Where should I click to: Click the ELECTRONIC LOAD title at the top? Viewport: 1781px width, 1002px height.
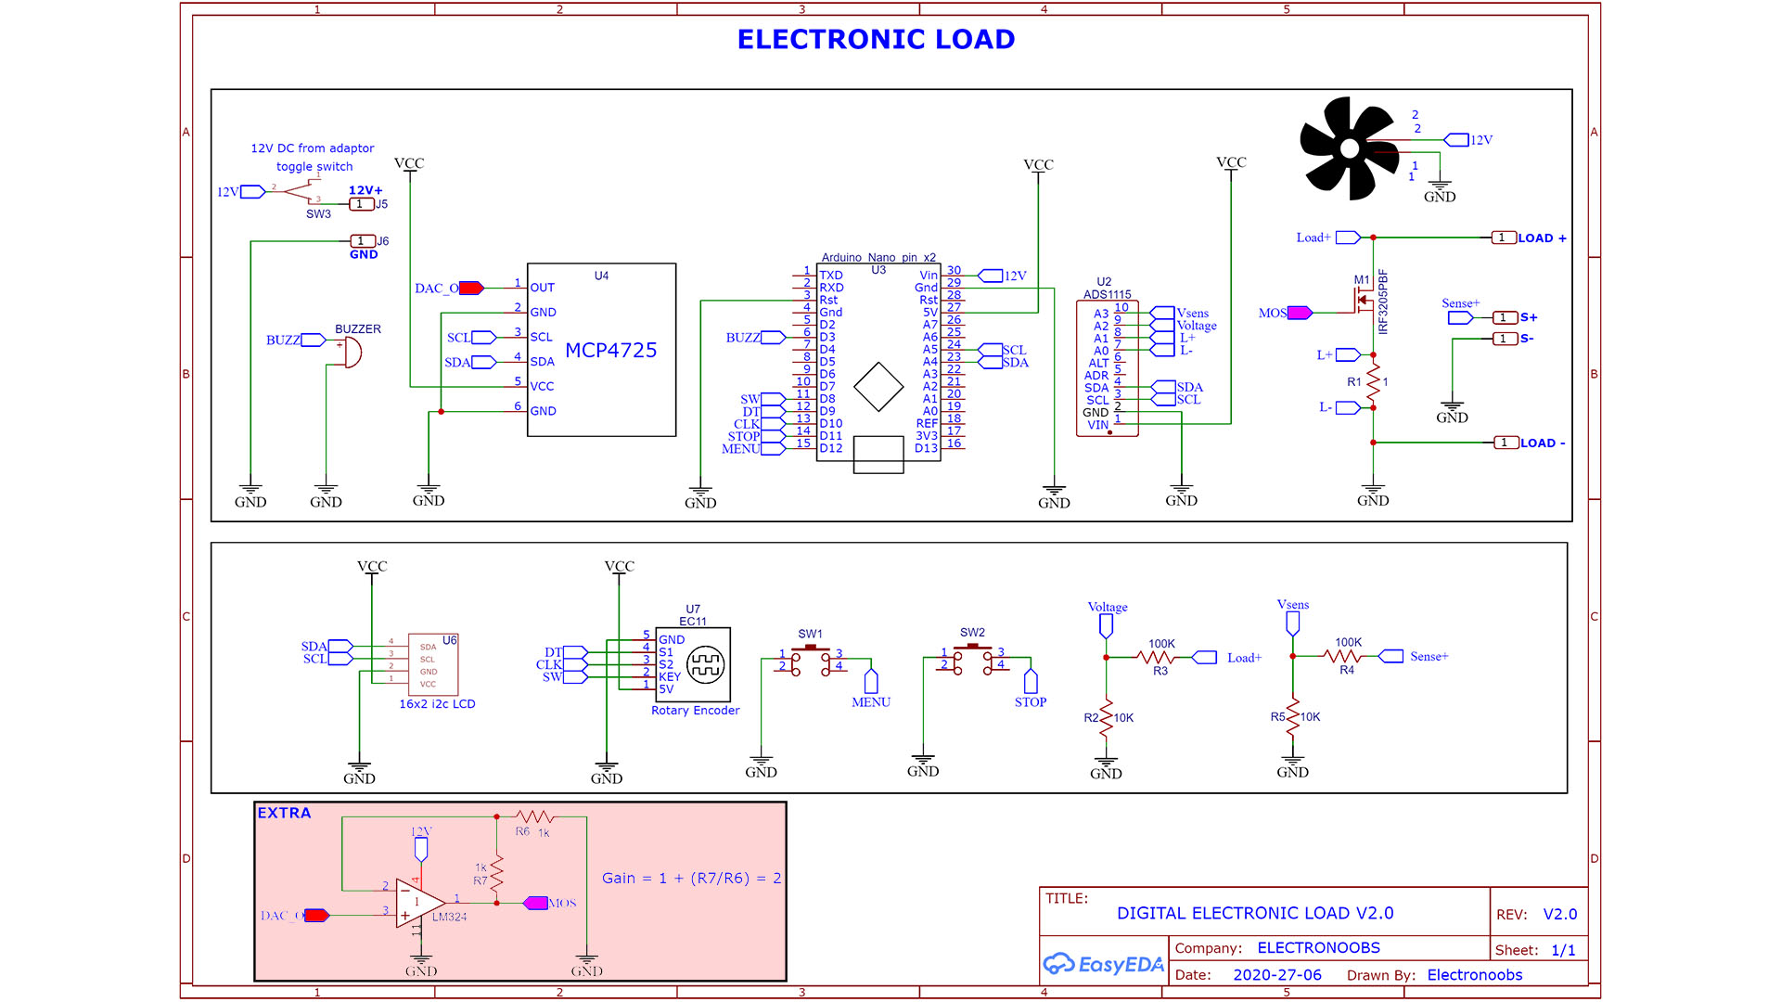[x=876, y=39]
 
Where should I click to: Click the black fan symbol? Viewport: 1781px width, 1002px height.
[x=1349, y=148]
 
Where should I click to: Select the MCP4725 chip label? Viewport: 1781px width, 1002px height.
[x=610, y=351]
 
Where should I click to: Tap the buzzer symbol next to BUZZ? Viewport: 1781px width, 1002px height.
[x=352, y=353]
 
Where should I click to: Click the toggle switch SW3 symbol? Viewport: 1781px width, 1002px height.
[x=299, y=192]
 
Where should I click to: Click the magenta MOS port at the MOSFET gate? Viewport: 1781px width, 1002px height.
[x=1300, y=313]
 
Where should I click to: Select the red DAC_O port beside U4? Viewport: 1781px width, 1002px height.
[x=471, y=289]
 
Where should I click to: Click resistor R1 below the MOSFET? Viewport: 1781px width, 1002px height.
[x=1374, y=380]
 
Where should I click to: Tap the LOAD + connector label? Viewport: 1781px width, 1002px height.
[x=1541, y=238]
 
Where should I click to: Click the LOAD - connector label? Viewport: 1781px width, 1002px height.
[x=1542, y=443]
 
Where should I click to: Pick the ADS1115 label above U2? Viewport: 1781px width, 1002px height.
[x=1107, y=294]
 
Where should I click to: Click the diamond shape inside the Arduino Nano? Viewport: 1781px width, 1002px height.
[x=878, y=387]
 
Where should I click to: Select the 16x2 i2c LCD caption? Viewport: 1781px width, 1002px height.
[x=437, y=704]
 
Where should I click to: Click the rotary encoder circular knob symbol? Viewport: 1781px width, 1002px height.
[x=705, y=664]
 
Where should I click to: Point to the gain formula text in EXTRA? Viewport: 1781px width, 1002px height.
[x=691, y=878]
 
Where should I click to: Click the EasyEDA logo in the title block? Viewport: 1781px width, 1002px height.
[x=1103, y=965]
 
